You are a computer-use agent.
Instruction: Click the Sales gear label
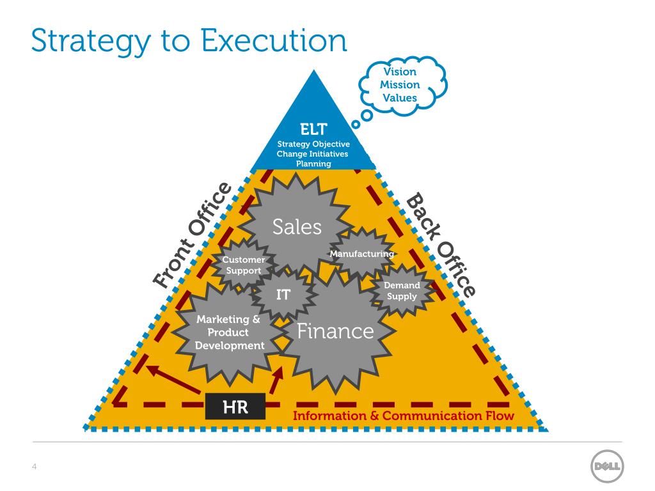point(297,226)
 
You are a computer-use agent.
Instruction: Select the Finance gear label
point(335,331)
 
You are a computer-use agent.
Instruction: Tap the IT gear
point(283,295)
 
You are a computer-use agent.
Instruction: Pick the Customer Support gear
point(244,265)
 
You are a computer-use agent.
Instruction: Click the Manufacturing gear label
point(361,254)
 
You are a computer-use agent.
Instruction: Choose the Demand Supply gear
point(402,291)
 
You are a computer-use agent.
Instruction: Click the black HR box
point(235,407)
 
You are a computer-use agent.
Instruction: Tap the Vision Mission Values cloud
point(400,84)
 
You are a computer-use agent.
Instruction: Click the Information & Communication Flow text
point(404,416)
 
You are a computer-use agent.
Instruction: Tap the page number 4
point(34,466)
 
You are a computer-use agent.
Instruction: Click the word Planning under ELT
point(313,164)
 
